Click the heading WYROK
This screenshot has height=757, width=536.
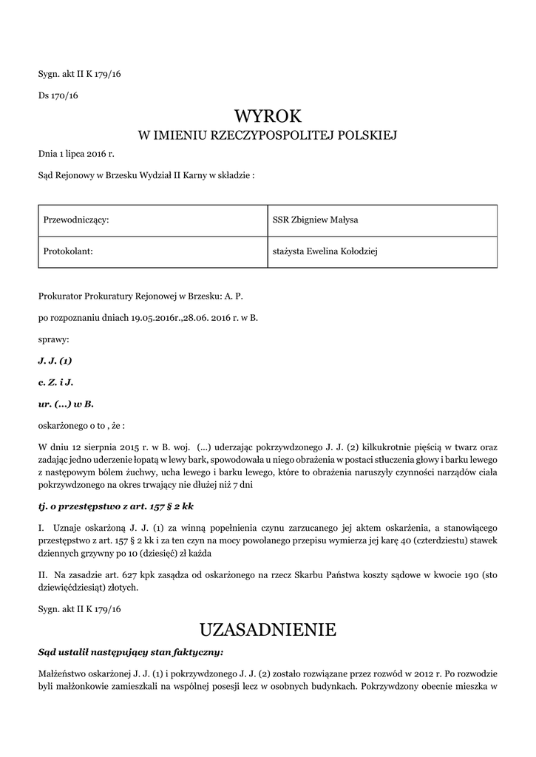click(268, 115)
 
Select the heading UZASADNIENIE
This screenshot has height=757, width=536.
click(268, 630)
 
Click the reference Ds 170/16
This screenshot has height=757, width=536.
click(58, 95)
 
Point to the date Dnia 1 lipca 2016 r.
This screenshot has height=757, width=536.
click(76, 155)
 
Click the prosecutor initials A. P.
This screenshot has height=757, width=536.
click(234, 296)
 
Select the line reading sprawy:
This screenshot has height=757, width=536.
click(53, 340)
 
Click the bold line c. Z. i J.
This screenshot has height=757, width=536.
click(55, 383)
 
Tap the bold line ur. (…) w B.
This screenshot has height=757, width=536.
click(66, 404)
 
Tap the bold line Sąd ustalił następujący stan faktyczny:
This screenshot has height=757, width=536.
click(130, 653)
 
